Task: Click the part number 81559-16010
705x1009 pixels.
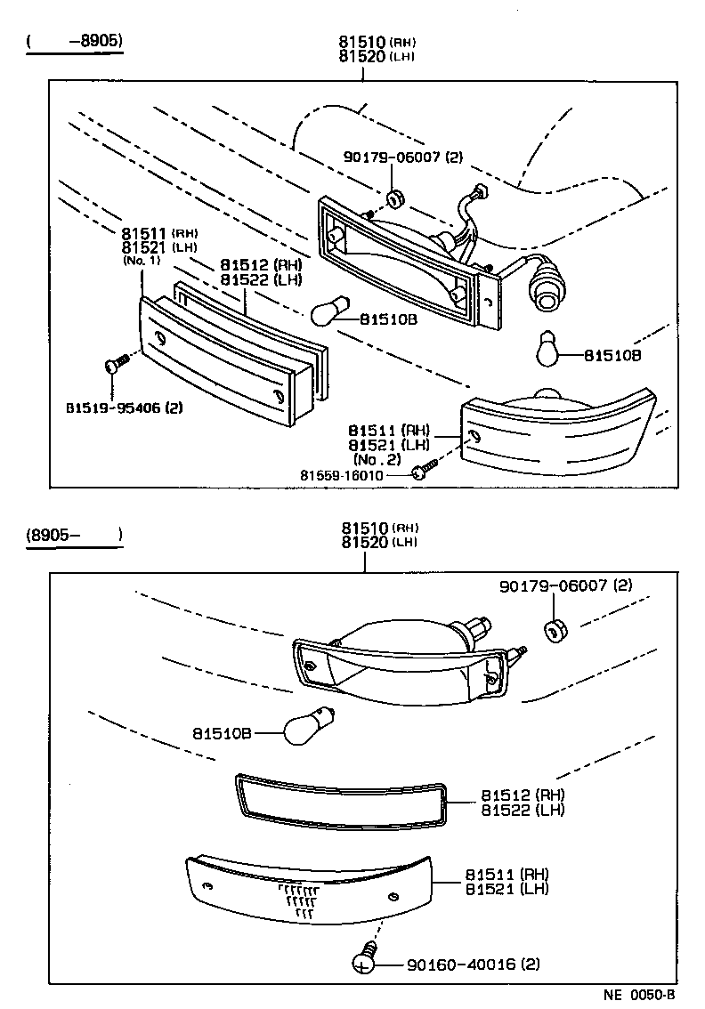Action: [x=353, y=475]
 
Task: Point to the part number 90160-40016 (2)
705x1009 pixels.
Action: [x=473, y=965]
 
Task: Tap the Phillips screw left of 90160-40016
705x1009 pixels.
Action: [x=364, y=961]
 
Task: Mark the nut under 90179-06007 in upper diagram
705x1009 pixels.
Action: [x=395, y=196]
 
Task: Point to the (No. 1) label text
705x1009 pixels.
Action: [x=142, y=261]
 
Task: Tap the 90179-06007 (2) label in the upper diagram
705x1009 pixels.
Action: [x=403, y=157]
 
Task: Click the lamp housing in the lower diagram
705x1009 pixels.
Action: [x=401, y=663]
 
